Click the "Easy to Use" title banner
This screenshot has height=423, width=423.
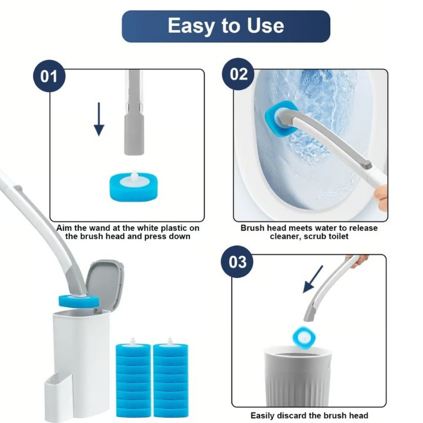[x=226, y=26]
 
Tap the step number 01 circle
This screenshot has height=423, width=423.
[x=49, y=76]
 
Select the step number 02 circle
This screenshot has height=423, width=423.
[x=238, y=74]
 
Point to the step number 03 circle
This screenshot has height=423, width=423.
[x=237, y=261]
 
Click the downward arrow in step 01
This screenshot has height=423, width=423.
[x=99, y=119]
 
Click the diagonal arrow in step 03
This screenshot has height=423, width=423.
[x=313, y=279]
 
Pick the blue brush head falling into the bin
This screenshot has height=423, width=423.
[x=304, y=337]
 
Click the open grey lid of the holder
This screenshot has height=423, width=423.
[x=105, y=284]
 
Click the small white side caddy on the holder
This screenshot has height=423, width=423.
[x=58, y=397]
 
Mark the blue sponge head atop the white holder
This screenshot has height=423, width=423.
[x=79, y=301]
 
